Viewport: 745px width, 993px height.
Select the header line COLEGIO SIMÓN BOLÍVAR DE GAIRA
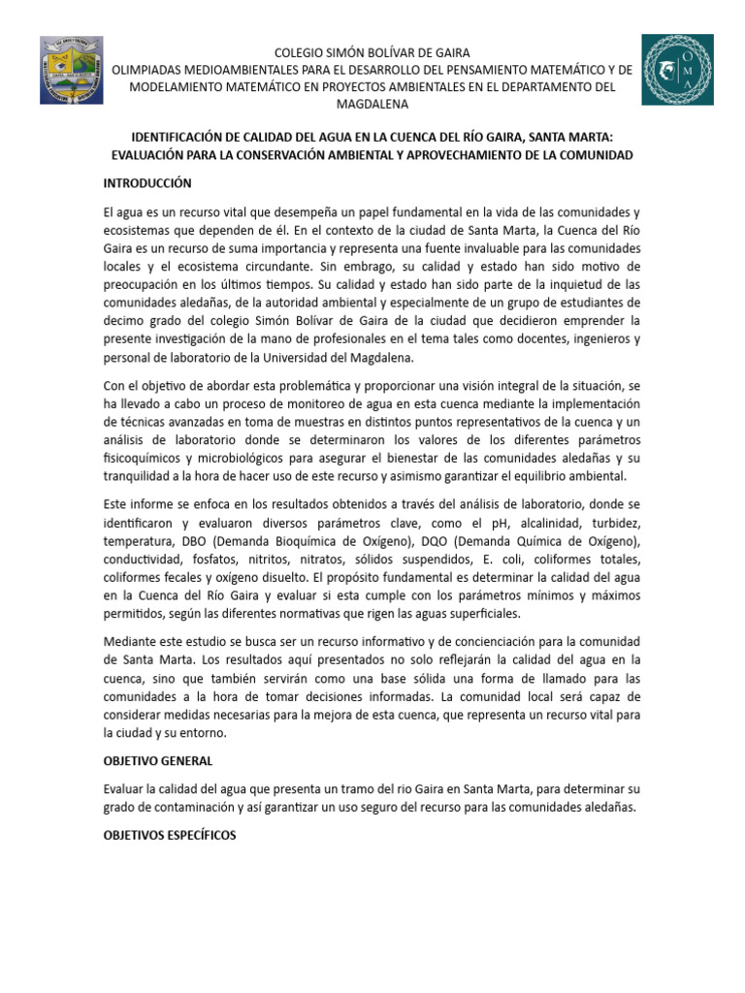tap(372, 51)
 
